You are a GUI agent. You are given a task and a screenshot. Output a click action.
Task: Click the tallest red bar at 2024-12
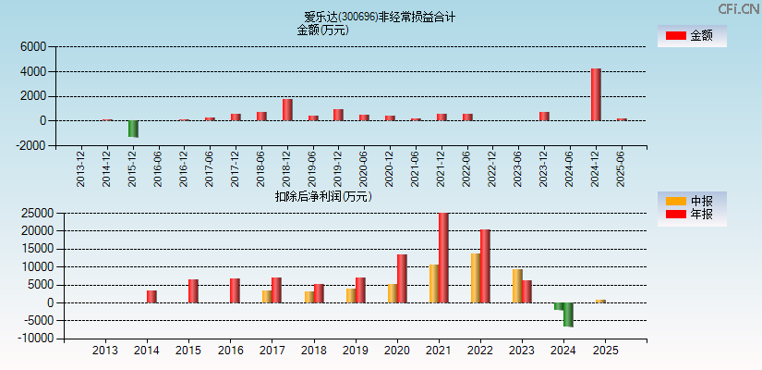click(596, 94)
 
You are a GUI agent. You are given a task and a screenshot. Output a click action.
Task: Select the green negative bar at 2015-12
click(133, 129)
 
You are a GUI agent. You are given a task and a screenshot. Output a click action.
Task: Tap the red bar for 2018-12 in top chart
click(287, 109)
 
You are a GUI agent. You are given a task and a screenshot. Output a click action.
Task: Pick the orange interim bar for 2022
click(476, 277)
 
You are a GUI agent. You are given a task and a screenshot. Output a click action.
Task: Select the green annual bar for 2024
click(568, 314)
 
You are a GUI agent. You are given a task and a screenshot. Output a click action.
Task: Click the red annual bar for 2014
click(151, 296)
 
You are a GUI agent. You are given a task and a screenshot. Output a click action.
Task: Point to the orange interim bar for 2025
click(600, 301)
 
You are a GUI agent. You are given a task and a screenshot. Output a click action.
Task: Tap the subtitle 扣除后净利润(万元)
click(322, 196)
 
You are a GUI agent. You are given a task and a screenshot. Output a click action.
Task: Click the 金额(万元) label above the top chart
click(322, 30)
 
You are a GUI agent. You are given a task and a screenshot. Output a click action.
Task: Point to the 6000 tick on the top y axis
click(32, 46)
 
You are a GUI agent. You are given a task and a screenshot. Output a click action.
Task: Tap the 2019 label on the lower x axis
click(355, 351)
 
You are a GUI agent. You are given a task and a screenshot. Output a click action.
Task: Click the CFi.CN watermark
click(738, 8)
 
